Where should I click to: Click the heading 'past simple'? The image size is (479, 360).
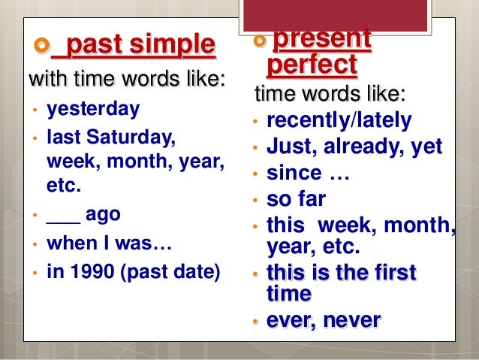tap(134, 46)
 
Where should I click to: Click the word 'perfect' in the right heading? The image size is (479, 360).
tap(312, 65)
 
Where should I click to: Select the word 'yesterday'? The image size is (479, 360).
tap(93, 109)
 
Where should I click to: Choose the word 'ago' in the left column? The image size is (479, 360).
tap(103, 213)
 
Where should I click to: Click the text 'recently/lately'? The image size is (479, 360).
tap(339, 120)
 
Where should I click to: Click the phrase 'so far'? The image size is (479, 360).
tap(297, 200)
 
